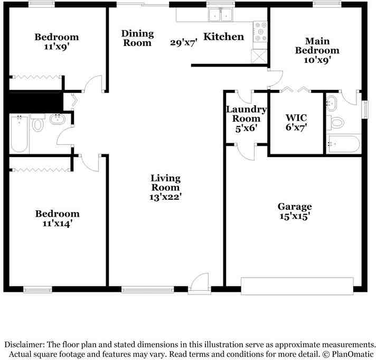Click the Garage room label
pos(295,207)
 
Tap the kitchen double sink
pos(221,14)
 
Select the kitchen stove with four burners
pos(260,31)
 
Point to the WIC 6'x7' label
pos(296,123)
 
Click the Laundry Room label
pos(247,114)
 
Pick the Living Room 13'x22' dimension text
pos(165,197)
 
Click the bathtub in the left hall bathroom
pos(19,133)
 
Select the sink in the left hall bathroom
pos(58,119)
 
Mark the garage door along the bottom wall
pos(297,286)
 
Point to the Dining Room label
pos(137,38)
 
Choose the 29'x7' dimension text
pos(184,42)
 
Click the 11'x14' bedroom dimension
pos(58,224)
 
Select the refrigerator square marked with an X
pos(259,56)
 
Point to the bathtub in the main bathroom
pos(344,144)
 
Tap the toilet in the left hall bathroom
pos(37,123)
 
